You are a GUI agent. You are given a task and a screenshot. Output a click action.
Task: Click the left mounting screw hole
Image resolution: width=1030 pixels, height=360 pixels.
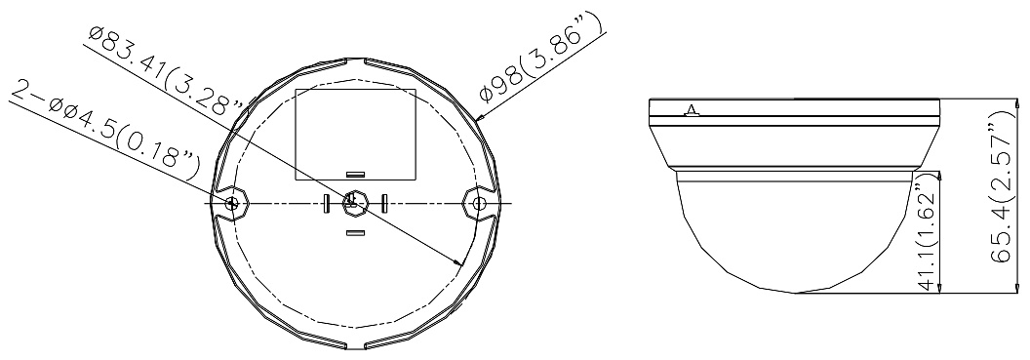[230, 203]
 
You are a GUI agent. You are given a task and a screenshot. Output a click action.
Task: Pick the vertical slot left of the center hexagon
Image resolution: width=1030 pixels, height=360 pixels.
[325, 203]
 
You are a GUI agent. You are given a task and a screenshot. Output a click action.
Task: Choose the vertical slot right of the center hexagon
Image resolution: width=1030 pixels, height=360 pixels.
[385, 203]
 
